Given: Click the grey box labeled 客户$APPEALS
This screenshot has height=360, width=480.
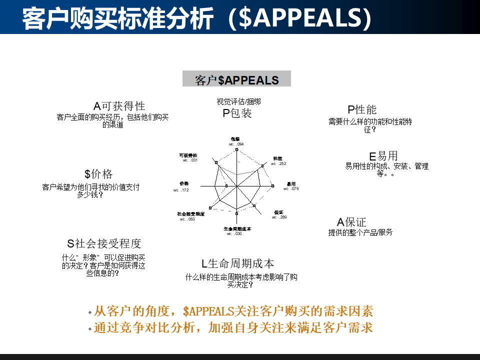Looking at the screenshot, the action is pos(236,79).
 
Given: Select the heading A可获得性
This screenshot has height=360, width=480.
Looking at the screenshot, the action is pos(119,106).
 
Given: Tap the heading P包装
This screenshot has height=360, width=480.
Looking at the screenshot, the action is pos(237,113).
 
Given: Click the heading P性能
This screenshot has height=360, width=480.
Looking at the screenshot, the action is pos(362,109).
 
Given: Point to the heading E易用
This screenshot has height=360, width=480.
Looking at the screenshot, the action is pos(383,156).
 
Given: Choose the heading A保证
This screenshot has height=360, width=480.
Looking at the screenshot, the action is pos(351,222).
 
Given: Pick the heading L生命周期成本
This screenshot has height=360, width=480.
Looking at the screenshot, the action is pos(238,263).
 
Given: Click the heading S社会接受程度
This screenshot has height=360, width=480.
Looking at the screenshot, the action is pos(104,243).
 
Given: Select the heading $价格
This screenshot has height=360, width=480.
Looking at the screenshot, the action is pos(98,174).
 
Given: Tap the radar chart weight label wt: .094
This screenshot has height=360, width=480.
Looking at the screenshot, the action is pos(236,144).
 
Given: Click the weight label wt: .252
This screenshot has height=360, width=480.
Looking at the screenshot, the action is pos(278,163).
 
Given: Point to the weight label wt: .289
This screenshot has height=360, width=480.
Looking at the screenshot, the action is pos(279,217).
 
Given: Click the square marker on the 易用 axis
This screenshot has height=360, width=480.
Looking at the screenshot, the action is pos(273,186).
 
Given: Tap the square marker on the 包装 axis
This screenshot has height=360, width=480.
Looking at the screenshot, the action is pos(237,150).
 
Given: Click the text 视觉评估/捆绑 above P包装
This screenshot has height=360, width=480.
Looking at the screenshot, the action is pos(238,101).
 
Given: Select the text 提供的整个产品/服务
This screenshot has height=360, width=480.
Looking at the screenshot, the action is pos(360,232).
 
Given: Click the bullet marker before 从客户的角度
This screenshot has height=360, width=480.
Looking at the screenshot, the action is pos(90,312).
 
